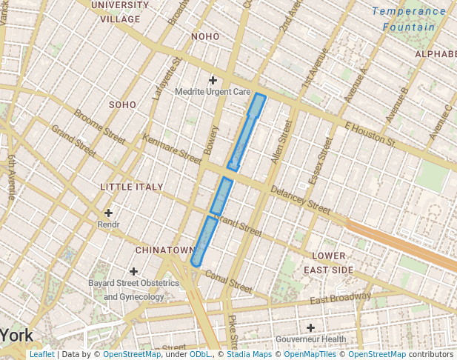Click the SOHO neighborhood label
[x=123, y=105]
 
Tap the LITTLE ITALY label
[x=132, y=187]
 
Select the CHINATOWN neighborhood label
[x=164, y=250]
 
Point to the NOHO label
[x=205, y=36]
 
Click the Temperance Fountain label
[x=409, y=19]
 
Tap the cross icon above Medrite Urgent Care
[x=213, y=80]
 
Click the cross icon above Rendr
[x=108, y=213]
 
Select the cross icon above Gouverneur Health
[x=310, y=327]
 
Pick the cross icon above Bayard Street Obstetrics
[x=133, y=272]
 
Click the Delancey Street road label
[x=300, y=199]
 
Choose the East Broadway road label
[x=340, y=299]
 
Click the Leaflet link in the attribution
[x=41, y=355]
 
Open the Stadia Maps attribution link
[x=249, y=355]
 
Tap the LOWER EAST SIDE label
[x=328, y=263]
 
